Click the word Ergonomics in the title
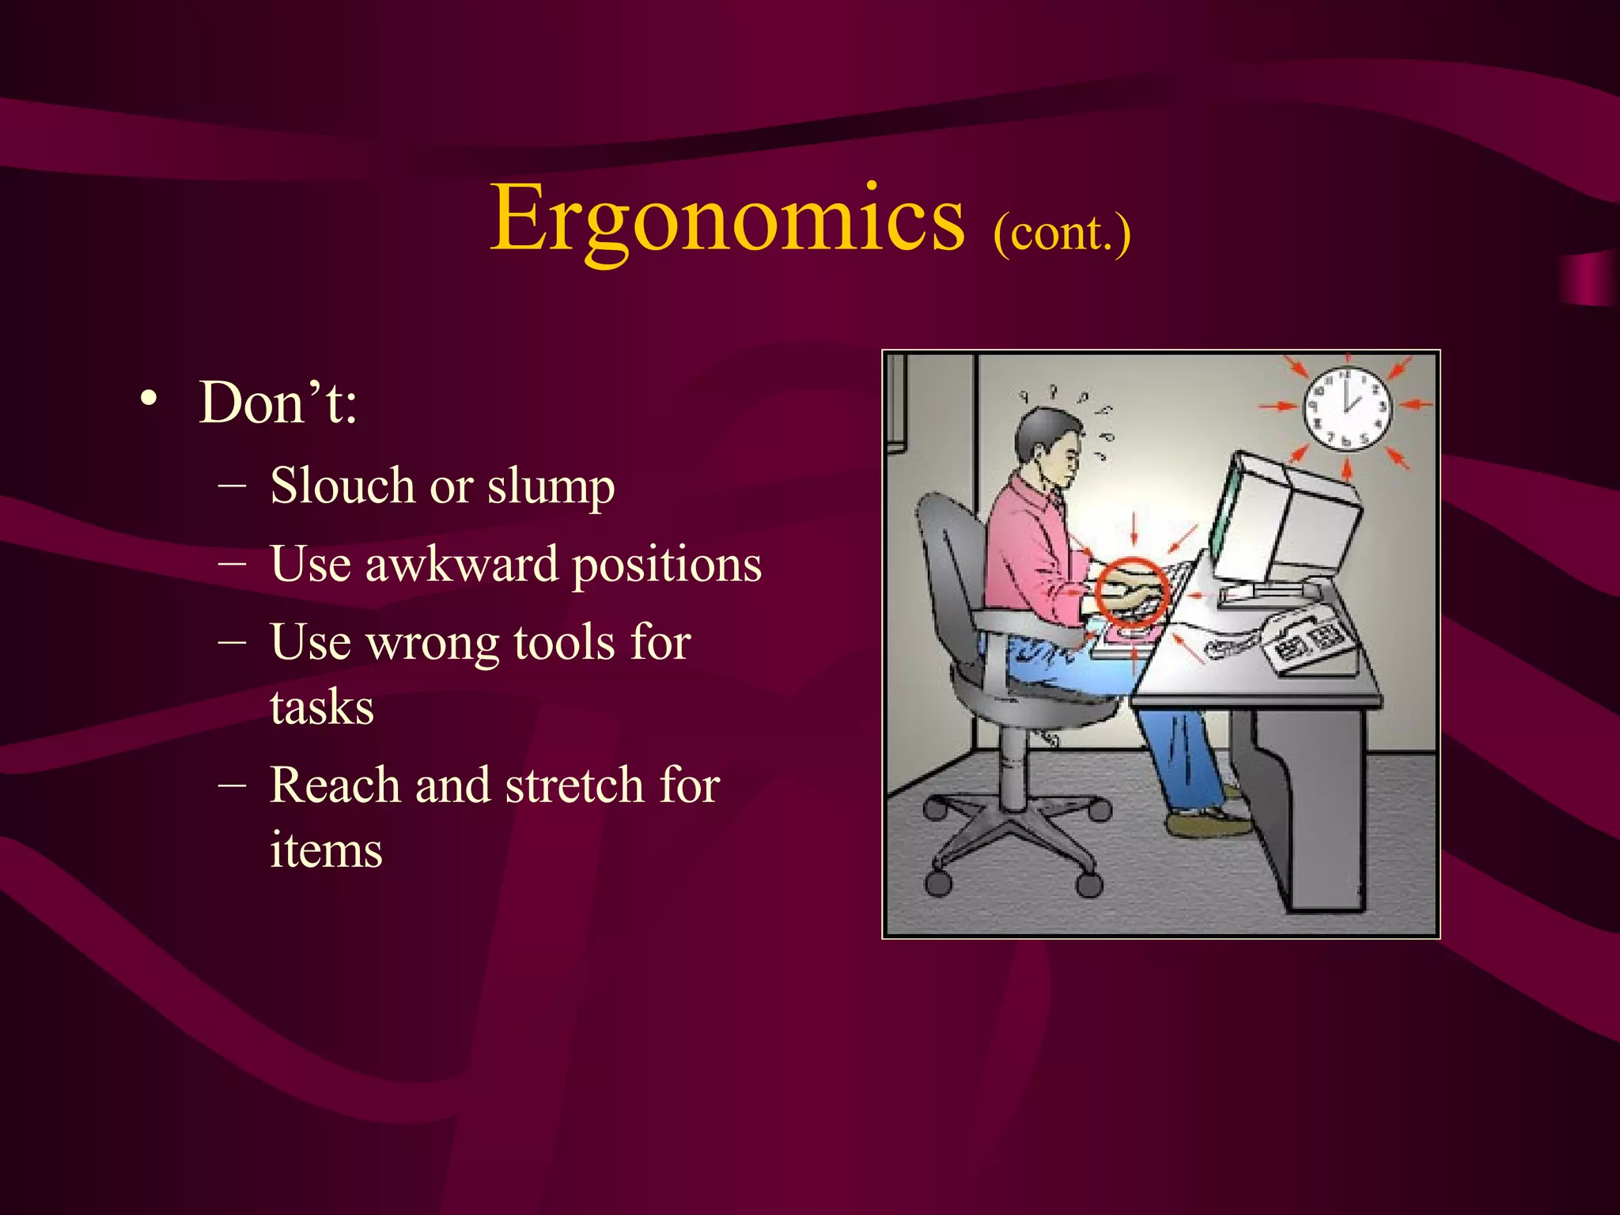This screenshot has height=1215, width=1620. tap(726, 218)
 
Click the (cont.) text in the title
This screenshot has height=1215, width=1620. tap(1062, 233)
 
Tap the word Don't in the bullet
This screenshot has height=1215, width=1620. tap(277, 403)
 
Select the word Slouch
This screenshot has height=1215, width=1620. tap(341, 486)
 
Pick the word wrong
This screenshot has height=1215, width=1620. tap(433, 642)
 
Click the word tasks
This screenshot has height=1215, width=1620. tap(321, 707)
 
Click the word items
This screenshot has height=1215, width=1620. tap(326, 850)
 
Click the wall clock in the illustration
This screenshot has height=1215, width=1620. tap(1346, 408)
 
